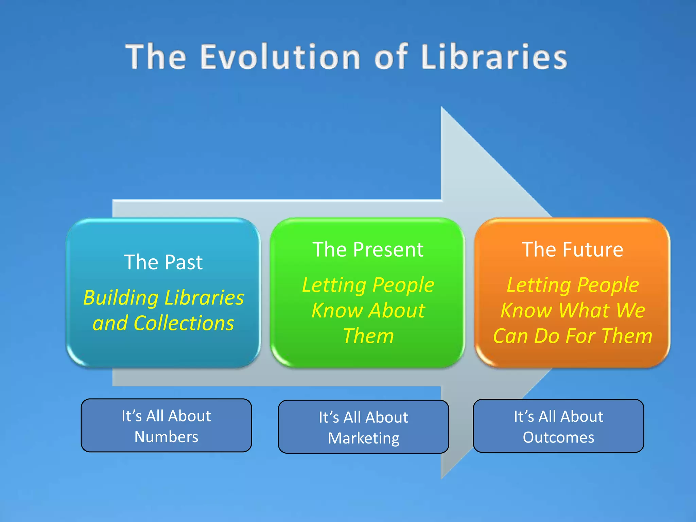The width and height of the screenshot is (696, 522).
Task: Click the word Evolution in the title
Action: [280, 57]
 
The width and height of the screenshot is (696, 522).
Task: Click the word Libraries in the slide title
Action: [494, 57]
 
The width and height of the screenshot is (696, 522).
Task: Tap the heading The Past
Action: [163, 262]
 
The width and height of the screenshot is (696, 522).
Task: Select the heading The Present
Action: [368, 250]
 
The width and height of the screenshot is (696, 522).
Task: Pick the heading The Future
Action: [572, 250]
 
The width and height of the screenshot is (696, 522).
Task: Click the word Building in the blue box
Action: [121, 298]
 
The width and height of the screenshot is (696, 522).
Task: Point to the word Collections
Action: [184, 323]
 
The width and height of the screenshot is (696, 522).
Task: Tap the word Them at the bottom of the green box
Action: [368, 336]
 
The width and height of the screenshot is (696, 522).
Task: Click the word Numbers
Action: [166, 437]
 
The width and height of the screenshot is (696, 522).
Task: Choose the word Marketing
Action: [363, 438]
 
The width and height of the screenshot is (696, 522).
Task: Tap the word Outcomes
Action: [558, 438]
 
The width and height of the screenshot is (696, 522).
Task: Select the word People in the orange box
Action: [608, 285]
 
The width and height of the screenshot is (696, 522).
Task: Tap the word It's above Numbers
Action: [132, 416]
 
